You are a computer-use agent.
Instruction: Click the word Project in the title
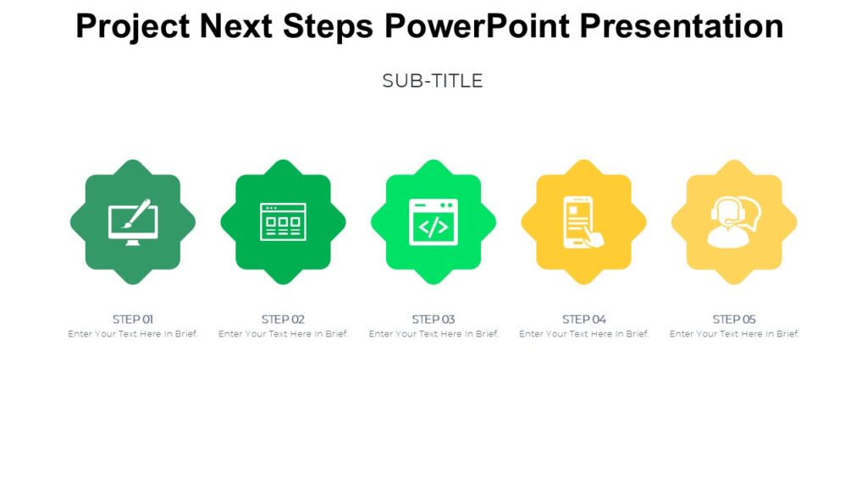point(132,27)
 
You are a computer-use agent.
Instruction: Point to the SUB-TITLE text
point(433,81)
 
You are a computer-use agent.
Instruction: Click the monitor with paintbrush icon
point(133,222)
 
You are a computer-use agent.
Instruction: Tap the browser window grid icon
point(283,222)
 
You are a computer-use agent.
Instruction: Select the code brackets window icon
point(433,222)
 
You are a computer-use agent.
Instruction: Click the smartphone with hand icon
point(583,222)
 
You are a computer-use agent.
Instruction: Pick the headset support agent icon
point(733,222)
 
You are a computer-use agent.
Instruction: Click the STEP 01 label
point(133,320)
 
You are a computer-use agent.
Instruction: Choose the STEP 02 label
point(283,320)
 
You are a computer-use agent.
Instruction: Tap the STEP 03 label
point(433,320)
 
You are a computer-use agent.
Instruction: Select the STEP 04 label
point(584,320)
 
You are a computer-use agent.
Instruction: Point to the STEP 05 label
point(734,320)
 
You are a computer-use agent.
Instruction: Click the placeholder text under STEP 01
point(133,334)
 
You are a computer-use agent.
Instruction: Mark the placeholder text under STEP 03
point(433,334)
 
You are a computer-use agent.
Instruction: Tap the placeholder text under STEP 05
point(734,334)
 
